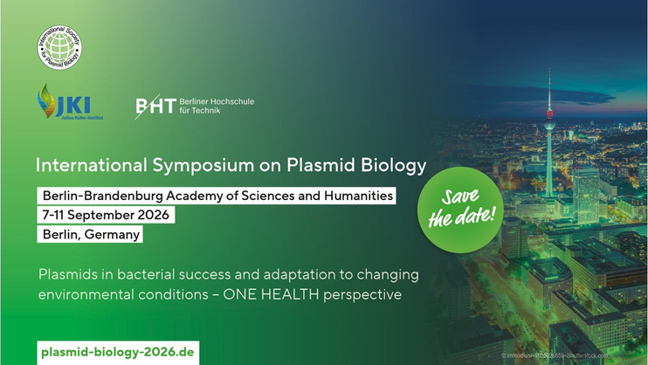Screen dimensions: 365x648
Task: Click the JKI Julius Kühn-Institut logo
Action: pos(69,103)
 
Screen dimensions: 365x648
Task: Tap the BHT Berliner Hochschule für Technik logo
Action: pos(194,107)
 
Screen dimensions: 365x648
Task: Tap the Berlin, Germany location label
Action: pos(91,234)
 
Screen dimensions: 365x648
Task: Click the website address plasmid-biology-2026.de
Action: pos(118,352)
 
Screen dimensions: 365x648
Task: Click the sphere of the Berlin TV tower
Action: pos(548,114)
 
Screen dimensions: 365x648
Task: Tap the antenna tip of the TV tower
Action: pos(548,70)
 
